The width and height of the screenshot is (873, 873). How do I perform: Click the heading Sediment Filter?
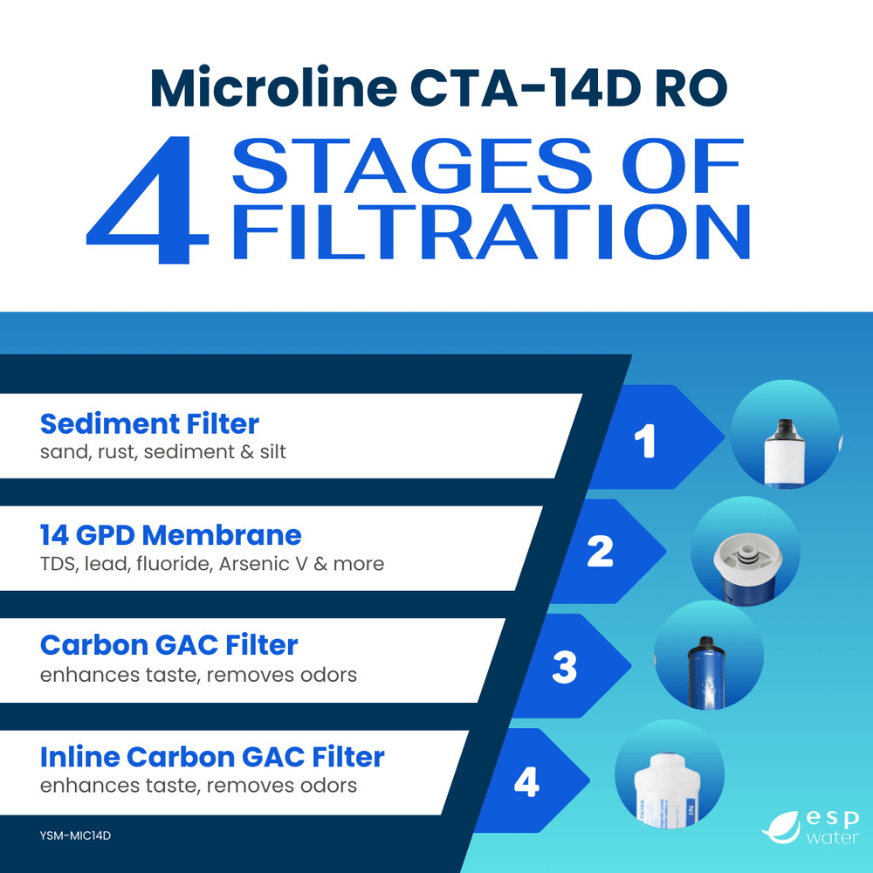tap(149, 424)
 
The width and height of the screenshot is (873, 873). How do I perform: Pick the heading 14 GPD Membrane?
tap(170, 534)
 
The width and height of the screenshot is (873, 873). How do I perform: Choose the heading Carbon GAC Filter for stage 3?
tap(168, 645)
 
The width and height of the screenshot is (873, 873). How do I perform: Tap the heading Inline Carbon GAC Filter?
tap(212, 756)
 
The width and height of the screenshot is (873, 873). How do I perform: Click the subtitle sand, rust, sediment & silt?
tap(163, 452)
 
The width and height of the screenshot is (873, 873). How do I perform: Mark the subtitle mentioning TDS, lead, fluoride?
tap(212, 564)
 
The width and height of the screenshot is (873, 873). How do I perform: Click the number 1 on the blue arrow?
tap(644, 442)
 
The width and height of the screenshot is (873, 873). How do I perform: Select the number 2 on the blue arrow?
tap(600, 552)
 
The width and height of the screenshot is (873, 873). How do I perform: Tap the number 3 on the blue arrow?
tap(565, 668)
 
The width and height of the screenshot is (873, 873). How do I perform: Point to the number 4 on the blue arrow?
tap(526, 782)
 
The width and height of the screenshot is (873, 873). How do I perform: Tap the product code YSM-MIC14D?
tap(76, 835)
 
